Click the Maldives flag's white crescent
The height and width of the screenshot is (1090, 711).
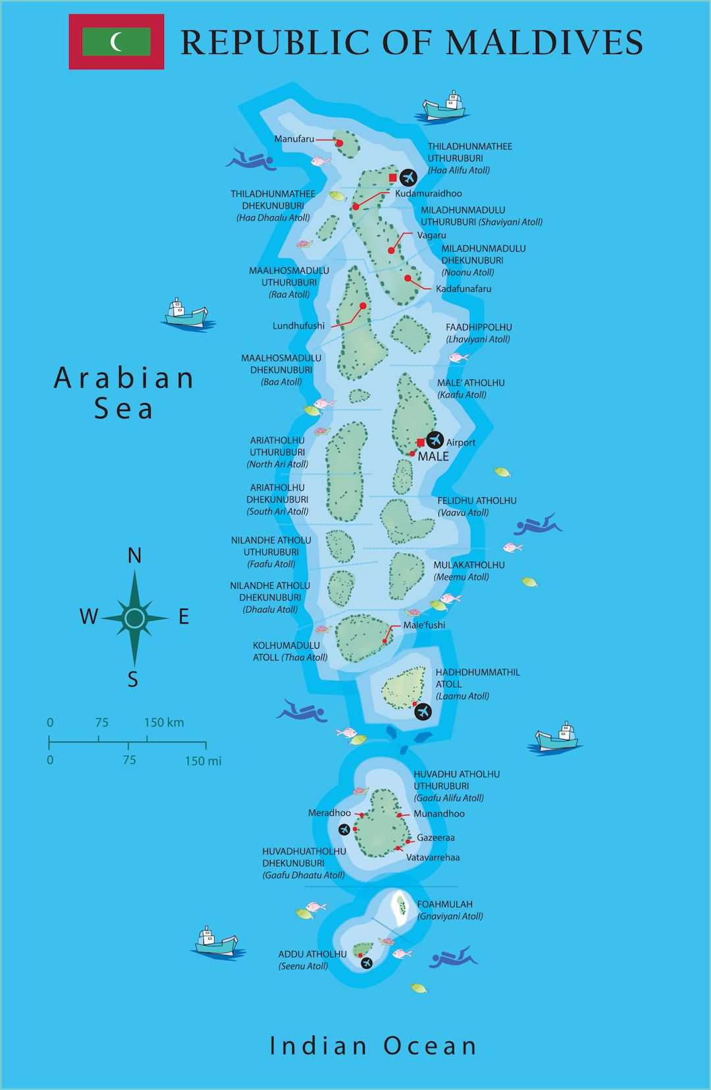[116, 41]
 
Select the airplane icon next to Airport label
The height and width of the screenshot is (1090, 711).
[435, 439]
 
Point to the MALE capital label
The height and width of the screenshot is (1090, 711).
[433, 456]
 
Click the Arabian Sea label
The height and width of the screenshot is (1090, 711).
[124, 393]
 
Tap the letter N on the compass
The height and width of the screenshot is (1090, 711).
[134, 556]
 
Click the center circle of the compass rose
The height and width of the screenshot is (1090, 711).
[134, 618]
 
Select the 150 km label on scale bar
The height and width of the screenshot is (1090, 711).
[164, 722]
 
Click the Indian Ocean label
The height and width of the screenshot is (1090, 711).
[373, 1045]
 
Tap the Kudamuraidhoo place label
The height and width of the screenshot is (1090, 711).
[428, 194]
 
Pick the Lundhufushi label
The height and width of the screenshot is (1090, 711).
[298, 326]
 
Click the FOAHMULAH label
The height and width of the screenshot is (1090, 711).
[444, 904]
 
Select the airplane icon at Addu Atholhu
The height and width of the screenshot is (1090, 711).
[367, 962]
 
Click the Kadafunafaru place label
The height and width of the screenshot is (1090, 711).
[463, 289]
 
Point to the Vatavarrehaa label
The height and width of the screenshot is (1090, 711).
[433, 858]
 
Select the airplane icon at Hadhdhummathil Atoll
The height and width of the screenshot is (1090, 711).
[423, 711]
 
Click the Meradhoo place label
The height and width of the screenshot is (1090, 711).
[329, 813]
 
